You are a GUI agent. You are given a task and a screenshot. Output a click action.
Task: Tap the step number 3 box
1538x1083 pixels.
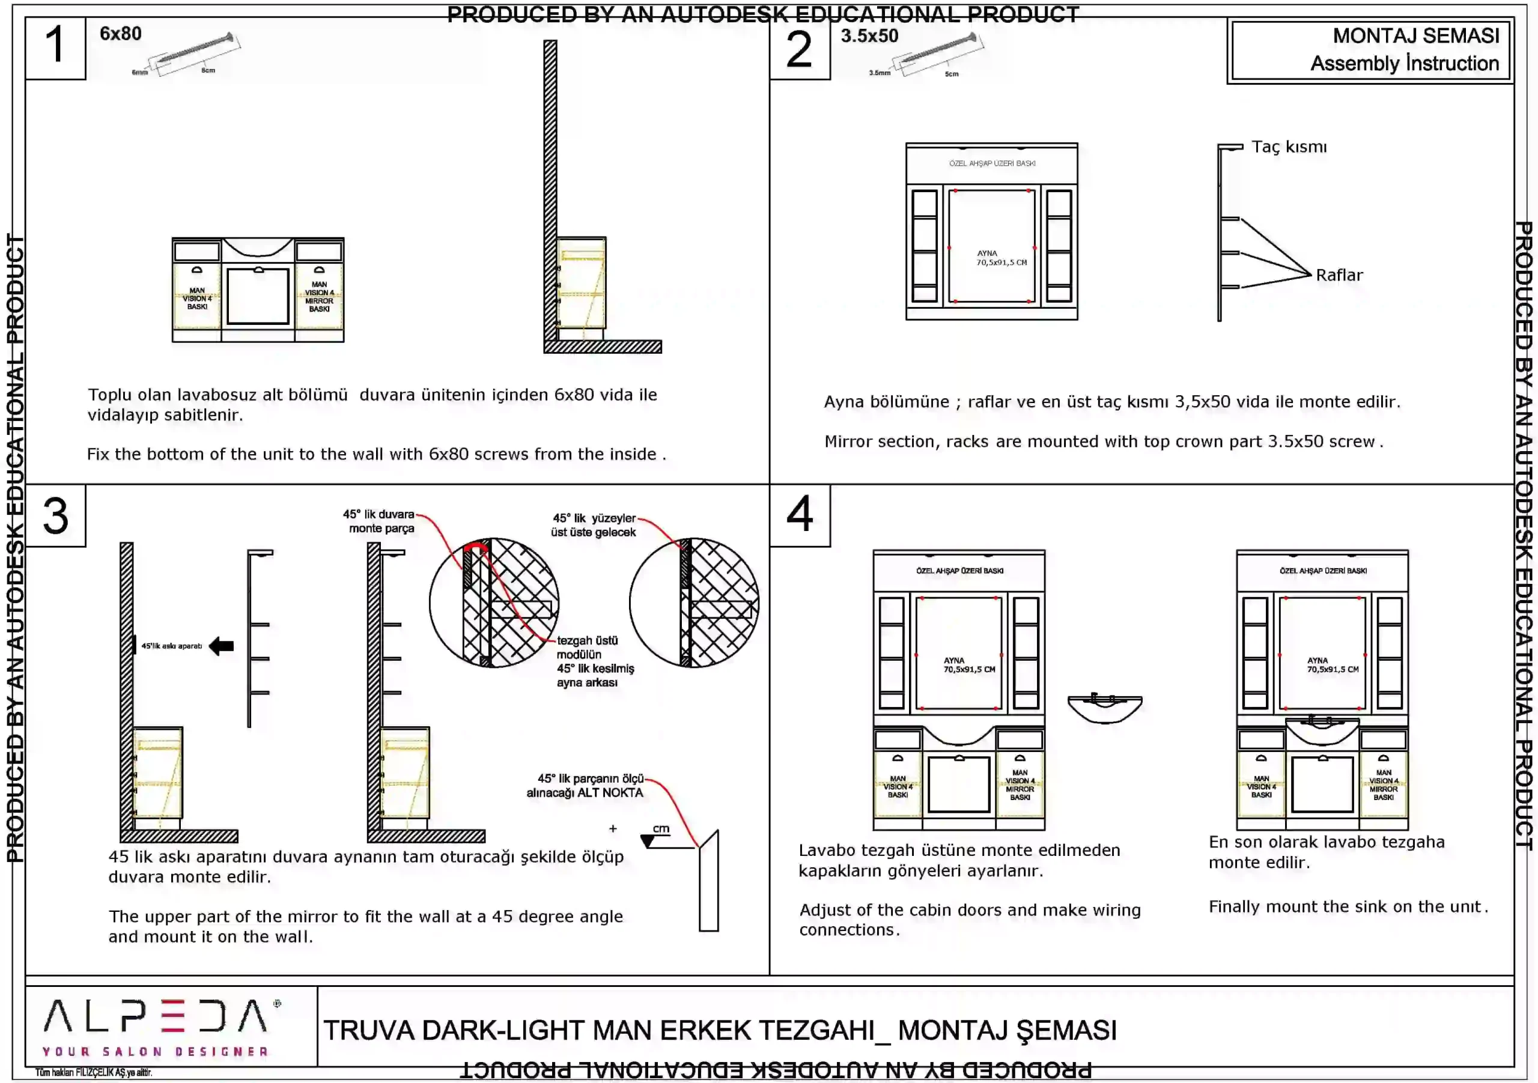tap(56, 516)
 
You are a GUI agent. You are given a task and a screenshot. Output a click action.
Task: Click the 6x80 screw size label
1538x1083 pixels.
tap(121, 34)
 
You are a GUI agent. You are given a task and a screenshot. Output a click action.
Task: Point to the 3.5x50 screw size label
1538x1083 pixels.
tap(869, 36)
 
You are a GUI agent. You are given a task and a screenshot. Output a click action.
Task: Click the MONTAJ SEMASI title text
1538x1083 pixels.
tap(1415, 35)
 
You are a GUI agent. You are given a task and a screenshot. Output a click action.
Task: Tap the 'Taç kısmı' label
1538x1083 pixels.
tap(1289, 147)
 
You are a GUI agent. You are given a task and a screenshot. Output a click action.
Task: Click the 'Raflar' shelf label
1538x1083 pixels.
tap(1339, 275)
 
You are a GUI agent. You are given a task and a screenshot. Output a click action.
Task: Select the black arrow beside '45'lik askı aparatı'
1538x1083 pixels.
tap(221, 646)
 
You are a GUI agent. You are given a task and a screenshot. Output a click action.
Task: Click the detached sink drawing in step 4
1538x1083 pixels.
tap(1105, 708)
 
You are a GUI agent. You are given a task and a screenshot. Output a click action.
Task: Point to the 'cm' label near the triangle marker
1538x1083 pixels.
tap(661, 828)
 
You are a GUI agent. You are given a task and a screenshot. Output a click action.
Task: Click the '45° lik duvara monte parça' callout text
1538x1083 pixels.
tap(379, 521)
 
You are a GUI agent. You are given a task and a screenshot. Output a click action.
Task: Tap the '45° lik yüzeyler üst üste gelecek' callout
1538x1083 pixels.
tap(594, 525)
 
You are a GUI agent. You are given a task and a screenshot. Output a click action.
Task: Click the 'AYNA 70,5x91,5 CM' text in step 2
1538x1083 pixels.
tap(1000, 258)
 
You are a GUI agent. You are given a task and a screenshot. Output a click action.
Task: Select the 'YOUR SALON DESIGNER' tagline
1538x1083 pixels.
tap(155, 1052)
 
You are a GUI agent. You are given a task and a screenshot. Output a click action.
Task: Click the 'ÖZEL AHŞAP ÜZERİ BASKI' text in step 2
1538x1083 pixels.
tap(992, 163)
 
